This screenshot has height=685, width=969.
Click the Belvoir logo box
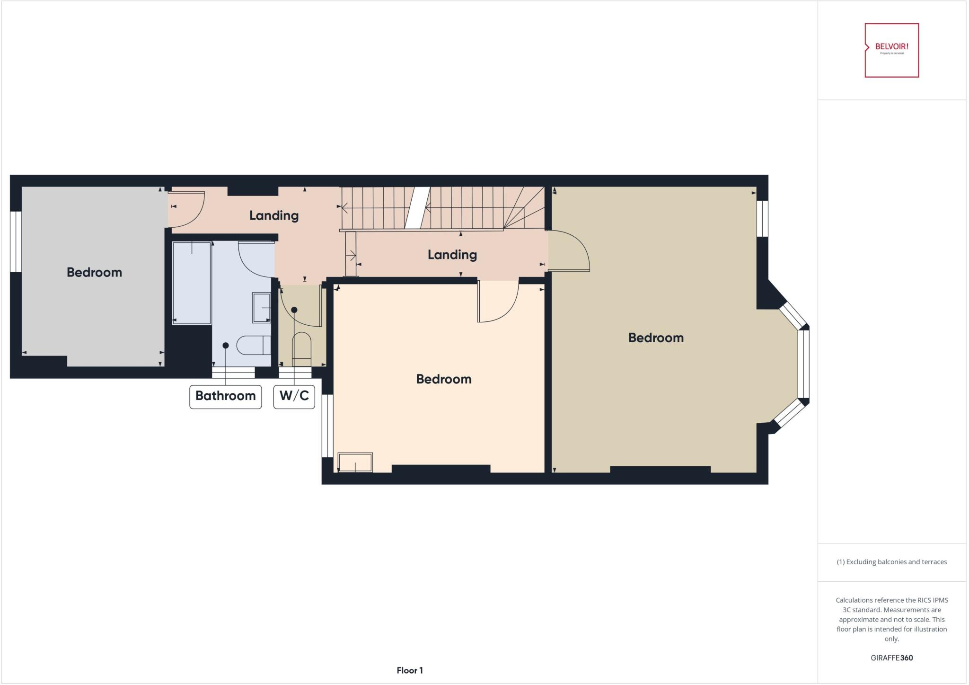point(891,50)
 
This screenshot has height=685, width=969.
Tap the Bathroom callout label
point(225,396)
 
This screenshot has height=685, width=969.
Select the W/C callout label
point(294,396)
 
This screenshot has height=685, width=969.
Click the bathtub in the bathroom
point(192,283)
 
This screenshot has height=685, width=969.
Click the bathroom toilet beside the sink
point(253,345)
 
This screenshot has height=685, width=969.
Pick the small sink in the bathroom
point(261,308)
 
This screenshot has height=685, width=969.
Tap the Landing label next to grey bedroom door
point(274,216)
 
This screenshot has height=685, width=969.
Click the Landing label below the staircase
point(452,255)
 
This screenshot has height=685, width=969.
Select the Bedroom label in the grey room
point(94,272)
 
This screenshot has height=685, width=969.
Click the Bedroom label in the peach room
point(443,379)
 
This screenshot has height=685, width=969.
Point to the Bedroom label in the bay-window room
point(655,338)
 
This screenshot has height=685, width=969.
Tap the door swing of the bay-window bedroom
point(569,251)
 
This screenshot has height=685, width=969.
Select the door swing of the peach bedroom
point(497,301)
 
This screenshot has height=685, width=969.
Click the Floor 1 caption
point(410,670)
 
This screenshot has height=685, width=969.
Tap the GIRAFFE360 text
point(891,658)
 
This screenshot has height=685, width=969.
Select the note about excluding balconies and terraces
point(891,562)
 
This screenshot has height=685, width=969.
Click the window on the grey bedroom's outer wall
point(16,241)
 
